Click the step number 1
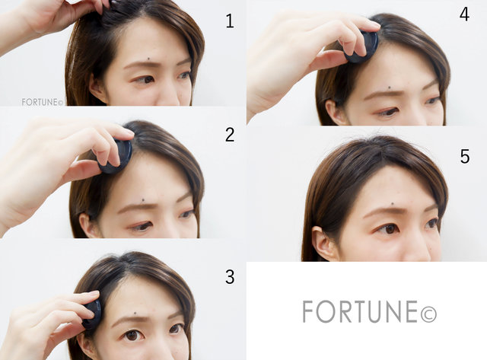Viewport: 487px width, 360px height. [230, 21]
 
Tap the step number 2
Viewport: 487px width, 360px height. [230, 135]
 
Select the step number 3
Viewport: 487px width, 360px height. [230, 277]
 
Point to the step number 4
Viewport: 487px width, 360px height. [464, 14]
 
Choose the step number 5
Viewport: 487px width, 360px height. [465, 156]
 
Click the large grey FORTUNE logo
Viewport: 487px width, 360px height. [370, 311]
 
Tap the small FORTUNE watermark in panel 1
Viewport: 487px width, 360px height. [43, 102]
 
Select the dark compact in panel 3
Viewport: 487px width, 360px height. [92, 314]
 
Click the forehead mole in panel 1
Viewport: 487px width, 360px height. [149, 58]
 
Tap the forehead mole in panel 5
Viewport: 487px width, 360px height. [393, 204]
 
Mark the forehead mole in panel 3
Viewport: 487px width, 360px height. [135, 313]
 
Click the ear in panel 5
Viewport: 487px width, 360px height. [322, 244]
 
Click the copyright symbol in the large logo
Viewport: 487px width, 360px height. [428, 314]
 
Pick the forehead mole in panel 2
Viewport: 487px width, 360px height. [143, 200]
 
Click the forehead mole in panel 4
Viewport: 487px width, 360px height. [390, 88]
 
